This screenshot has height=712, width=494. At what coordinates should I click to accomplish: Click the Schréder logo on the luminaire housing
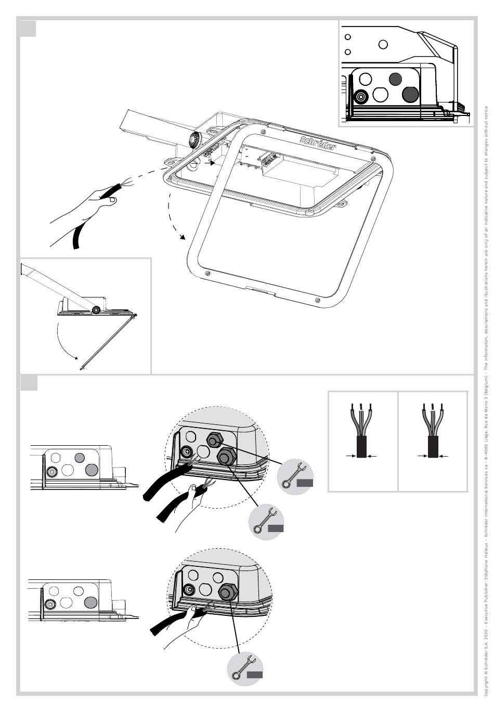click(x=318, y=143)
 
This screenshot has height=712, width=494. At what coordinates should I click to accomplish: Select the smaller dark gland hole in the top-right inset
click(x=395, y=79)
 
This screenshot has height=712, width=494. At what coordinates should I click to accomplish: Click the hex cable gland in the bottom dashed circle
click(x=227, y=591)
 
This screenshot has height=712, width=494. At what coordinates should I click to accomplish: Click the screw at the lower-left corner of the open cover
click(x=207, y=274)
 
